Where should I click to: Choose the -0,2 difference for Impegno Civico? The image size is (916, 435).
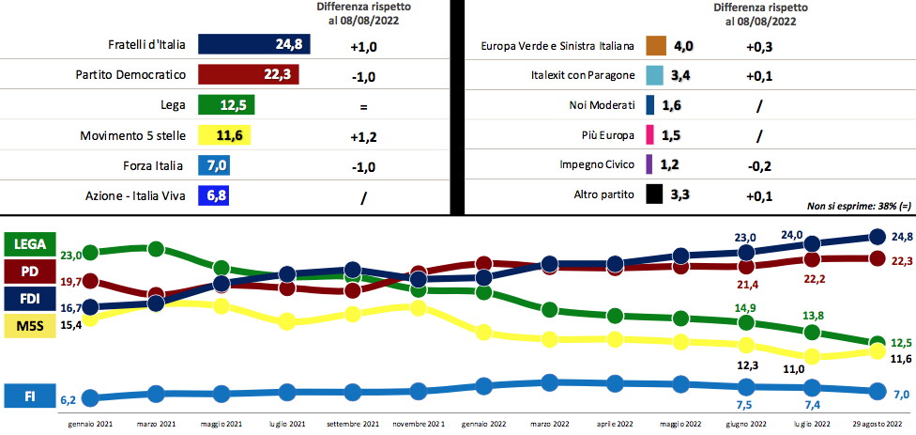(x=758, y=165)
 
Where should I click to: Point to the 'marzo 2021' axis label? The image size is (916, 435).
(x=157, y=423)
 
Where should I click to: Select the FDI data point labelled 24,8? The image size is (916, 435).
(x=878, y=236)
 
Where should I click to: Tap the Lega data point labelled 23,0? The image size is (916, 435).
(x=91, y=253)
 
